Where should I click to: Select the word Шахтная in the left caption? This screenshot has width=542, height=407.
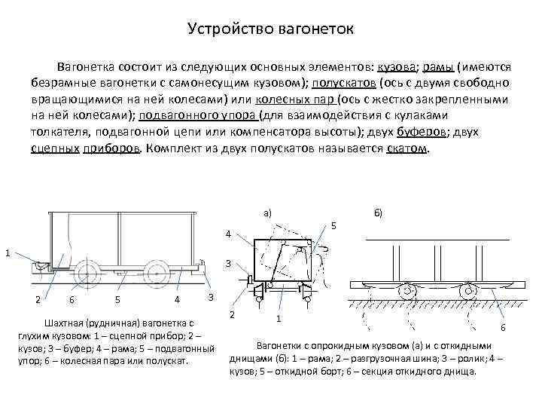coord(66,322)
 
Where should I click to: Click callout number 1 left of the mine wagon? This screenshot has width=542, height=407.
coord(7,252)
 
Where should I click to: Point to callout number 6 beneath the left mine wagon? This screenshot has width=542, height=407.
coord(71,300)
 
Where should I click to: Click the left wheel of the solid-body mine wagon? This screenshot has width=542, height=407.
coord(89,272)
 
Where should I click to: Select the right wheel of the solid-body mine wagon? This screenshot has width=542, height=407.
coord(157,272)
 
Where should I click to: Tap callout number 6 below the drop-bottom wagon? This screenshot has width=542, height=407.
coord(504,327)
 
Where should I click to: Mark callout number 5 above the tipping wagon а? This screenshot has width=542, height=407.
coord(334,226)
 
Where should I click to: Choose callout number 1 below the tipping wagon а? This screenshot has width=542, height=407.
coord(279,319)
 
